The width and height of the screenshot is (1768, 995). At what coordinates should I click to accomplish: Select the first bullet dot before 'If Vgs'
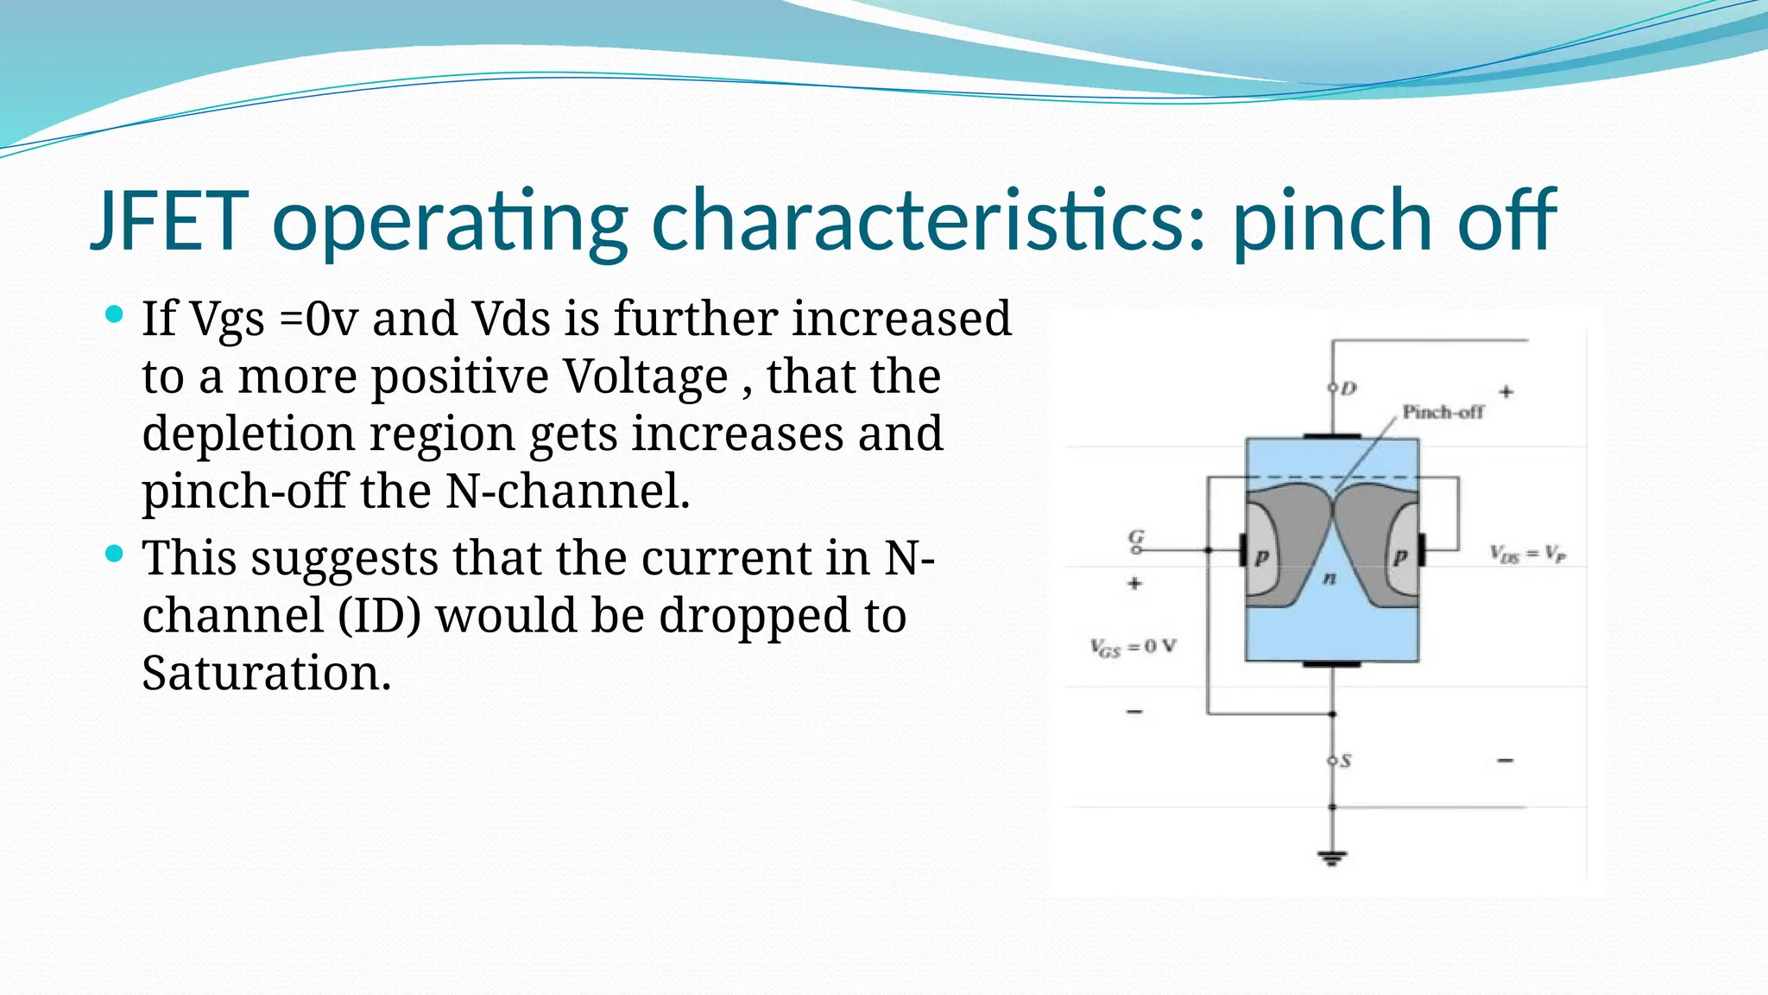pos(114,314)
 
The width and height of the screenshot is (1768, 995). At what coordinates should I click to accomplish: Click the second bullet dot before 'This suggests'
pos(114,554)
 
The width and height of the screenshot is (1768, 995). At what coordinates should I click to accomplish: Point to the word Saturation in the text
pos(266,673)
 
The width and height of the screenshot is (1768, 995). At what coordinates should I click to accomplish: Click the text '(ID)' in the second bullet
pos(379,616)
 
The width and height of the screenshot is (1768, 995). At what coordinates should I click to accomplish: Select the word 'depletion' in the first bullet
pos(249,434)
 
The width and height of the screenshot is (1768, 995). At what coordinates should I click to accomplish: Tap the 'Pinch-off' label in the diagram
pos(1443,412)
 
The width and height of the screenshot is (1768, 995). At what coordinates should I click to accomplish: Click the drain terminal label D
pos(1348,389)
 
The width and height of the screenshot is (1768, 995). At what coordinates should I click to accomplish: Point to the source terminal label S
pos(1345,761)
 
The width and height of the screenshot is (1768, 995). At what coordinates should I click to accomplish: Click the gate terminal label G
pos(1137,538)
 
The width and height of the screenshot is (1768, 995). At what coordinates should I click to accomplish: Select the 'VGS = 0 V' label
pos(1133,647)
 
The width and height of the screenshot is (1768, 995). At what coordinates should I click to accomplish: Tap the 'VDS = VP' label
pos(1527,554)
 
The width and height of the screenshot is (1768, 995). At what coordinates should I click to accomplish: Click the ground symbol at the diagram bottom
pos(1332,858)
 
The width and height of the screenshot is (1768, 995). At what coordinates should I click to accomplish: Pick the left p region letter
pos(1261,557)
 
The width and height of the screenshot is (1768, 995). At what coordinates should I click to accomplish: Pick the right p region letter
pos(1399,557)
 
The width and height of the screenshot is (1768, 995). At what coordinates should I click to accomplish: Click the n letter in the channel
pos(1329,578)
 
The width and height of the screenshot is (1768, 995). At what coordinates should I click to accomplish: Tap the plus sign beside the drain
pos(1506,392)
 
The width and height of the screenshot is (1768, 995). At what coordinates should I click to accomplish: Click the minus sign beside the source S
pos(1506,761)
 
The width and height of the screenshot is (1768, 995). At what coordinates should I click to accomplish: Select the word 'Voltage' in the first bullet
pos(646,377)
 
